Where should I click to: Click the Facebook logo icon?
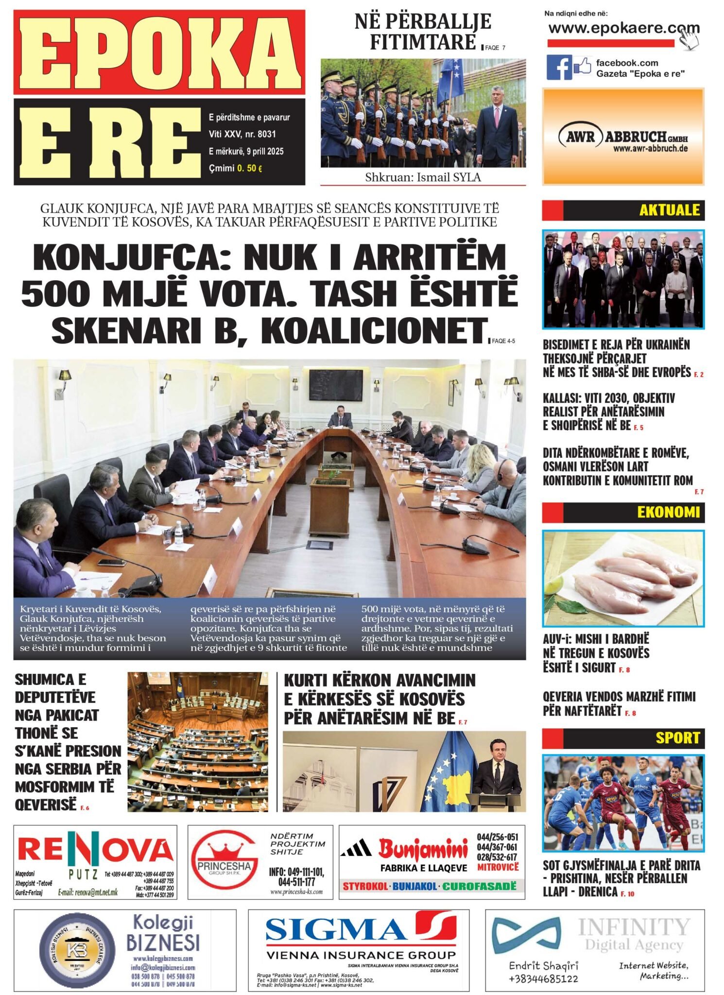559,68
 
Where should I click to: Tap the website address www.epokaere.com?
623,28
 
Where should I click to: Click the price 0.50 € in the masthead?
250,169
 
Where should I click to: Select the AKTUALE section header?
669,210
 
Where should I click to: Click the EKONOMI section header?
668,512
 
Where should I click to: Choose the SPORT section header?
677,738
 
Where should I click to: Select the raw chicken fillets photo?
623,578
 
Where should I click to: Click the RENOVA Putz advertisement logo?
96,850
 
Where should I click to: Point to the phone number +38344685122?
543,978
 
